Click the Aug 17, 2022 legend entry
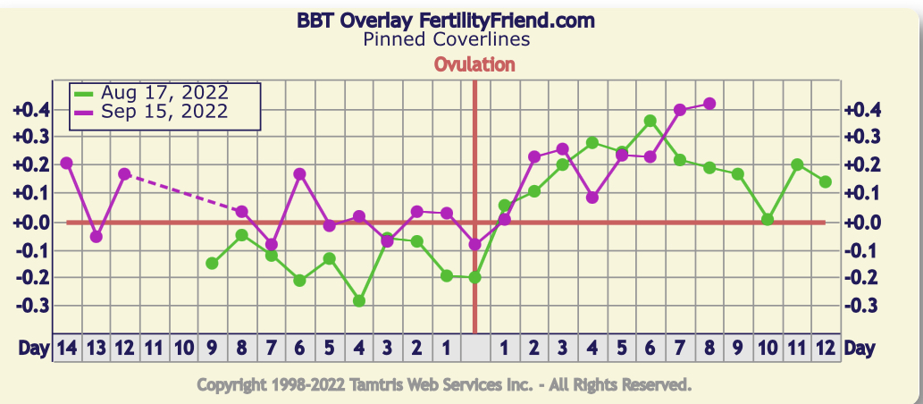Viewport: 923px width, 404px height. [x=164, y=93]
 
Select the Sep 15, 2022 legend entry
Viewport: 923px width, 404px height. [x=164, y=112]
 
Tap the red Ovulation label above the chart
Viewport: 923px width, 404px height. [x=474, y=64]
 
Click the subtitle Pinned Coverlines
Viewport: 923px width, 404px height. [x=447, y=39]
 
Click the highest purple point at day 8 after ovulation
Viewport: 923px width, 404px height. [x=709, y=104]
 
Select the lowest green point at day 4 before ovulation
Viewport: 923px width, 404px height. [x=358, y=301]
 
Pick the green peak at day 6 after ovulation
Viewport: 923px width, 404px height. [x=650, y=121]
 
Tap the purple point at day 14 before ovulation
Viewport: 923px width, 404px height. [x=66, y=163]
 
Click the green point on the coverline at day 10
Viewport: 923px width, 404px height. [x=768, y=220]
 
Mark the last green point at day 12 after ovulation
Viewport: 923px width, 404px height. [x=826, y=181]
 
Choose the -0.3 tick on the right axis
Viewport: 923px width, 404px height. [x=861, y=306]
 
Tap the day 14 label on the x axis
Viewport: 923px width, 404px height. [x=66, y=348]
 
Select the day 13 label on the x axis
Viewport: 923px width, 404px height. [x=96, y=348]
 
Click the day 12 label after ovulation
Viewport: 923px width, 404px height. [x=826, y=348]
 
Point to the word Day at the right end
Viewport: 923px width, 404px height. [x=860, y=348]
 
